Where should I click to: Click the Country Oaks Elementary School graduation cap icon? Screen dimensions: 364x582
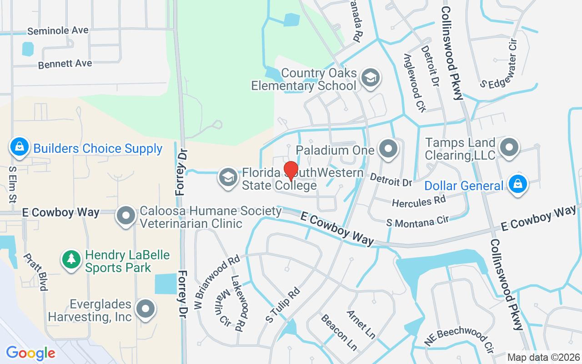371,78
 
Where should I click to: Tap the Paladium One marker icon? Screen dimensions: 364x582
389,149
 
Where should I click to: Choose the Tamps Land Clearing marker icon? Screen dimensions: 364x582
509,148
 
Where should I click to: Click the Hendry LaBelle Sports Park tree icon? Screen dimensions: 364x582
71,260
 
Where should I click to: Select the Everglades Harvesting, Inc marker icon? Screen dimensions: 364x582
145,309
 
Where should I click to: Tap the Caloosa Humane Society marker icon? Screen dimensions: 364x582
126,216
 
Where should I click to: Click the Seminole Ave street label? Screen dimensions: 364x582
58,31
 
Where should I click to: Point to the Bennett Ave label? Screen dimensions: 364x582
65,64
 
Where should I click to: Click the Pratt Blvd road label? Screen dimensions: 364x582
36,272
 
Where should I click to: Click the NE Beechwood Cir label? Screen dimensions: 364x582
459,339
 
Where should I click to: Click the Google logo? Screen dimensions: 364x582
30,353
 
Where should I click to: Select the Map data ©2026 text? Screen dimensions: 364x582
543,357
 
